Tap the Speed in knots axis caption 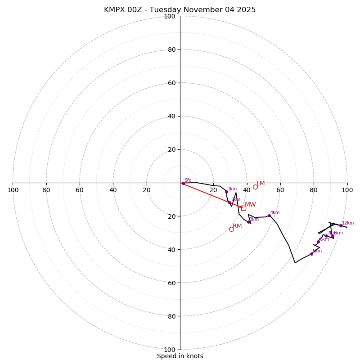(x=180, y=356)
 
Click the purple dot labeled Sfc (x=183, y=183)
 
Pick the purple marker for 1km (x=226, y=192)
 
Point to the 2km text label (x=236, y=200)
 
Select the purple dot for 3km (x=248, y=222)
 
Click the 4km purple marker (x=269, y=216)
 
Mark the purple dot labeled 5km (x=311, y=254)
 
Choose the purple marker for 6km (x=318, y=242)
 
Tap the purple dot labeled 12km (x=341, y=225)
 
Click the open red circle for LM (x=255, y=187)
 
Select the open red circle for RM (x=231, y=229)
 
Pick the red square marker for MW (x=243, y=208)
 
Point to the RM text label (x=238, y=226)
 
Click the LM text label (x=261, y=184)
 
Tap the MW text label (x=250, y=205)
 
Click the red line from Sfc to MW (x=211, y=195)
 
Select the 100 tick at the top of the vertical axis (x=170, y=16)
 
